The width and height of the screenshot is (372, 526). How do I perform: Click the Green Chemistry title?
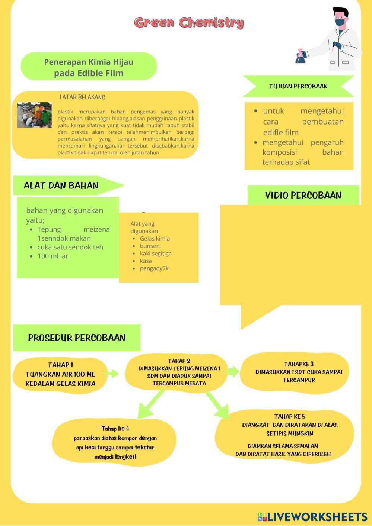(x=189, y=23)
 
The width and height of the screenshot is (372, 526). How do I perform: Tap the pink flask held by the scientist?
(x=300, y=57)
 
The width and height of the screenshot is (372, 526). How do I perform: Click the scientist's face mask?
(x=340, y=23)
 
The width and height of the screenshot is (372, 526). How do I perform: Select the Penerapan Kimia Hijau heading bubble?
(x=89, y=67)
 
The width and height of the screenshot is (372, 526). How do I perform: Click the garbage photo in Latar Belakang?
(x=34, y=115)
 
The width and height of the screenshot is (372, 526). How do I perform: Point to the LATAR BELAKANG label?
(x=82, y=97)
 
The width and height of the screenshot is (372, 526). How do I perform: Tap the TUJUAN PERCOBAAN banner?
(x=298, y=86)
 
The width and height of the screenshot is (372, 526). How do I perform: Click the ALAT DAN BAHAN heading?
(x=61, y=185)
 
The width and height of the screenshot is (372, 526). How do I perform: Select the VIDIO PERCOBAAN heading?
(x=303, y=195)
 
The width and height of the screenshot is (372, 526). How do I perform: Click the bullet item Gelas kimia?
(x=155, y=239)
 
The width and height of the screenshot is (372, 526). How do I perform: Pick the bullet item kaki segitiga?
(x=156, y=254)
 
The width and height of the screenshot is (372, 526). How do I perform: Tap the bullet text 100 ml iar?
(x=53, y=256)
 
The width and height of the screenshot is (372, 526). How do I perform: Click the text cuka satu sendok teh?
(x=70, y=247)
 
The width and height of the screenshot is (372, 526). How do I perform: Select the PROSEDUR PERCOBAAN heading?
(x=77, y=338)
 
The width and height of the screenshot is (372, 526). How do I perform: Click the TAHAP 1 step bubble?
(x=60, y=374)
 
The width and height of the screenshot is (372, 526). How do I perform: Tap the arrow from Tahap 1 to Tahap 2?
(x=112, y=373)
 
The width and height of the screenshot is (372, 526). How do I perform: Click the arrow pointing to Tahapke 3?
(x=233, y=371)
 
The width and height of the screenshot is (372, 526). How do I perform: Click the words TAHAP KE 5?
(x=290, y=416)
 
